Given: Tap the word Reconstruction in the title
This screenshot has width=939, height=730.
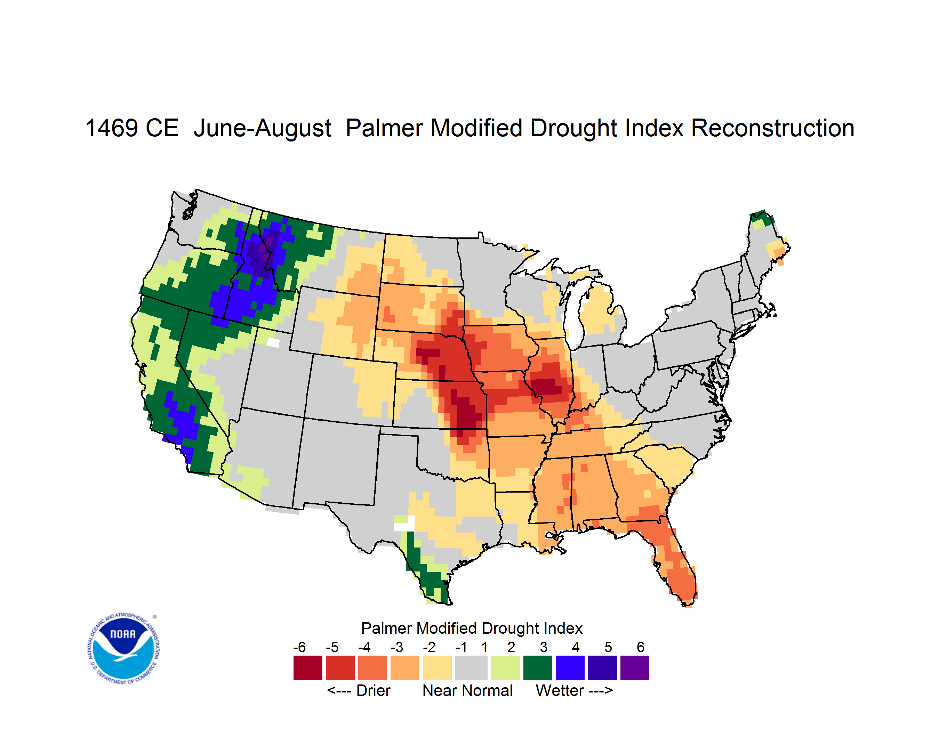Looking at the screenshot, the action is point(773,128).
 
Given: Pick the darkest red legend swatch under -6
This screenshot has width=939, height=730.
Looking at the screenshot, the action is point(308,668).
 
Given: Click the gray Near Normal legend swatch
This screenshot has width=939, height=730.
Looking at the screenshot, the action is point(471,668).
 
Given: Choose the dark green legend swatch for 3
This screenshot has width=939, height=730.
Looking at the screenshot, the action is point(537,668).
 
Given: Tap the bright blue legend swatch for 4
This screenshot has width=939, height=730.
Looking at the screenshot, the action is point(570,668).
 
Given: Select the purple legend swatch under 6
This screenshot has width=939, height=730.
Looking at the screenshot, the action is point(635,668).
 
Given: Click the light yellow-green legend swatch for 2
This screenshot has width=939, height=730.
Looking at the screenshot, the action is point(505,668).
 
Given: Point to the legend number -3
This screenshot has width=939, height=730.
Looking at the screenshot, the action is point(397,647).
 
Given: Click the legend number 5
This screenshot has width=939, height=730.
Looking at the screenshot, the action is point(608,647).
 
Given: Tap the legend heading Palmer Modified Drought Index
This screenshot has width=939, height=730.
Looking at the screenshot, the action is point(472,628).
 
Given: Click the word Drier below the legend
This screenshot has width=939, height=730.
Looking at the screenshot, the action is point(373,690).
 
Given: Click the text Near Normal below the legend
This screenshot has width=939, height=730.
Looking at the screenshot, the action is point(467,690).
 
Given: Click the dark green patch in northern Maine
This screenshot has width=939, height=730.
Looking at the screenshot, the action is point(762,217).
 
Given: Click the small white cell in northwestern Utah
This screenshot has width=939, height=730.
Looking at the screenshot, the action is point(273,342).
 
